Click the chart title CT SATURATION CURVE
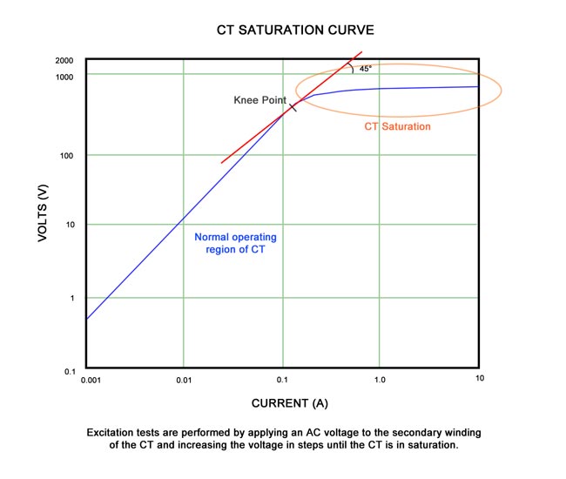click(284, 30)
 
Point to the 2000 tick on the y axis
click(64, 61)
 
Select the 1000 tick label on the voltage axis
click(64, 77)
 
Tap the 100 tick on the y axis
click(67, 156)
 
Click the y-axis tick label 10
click(70, 225)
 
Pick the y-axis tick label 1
click(72, 299)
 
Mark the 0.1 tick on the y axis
click(70, 372)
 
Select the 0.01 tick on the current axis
click(183, 381)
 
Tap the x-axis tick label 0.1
click(281, 381)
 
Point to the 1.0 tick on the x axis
click(380, 381)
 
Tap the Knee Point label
click(259, 101)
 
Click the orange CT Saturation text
click(397, 126)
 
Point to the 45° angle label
click(366, 69)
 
